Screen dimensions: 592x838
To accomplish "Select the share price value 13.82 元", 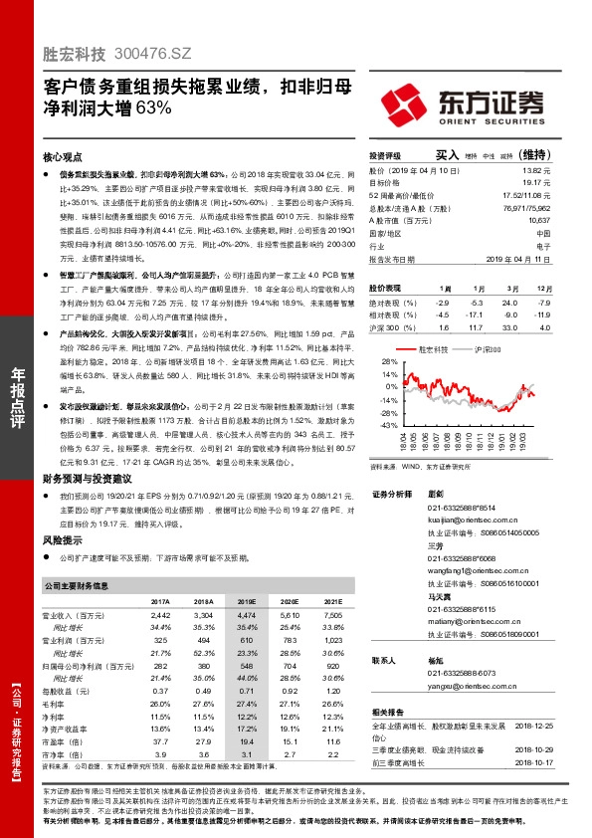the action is point(537,171).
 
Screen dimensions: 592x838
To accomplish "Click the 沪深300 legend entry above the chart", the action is point(487,350).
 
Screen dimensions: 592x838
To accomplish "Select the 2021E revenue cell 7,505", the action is point(331,617).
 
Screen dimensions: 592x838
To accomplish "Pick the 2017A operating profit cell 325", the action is point(160,642).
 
